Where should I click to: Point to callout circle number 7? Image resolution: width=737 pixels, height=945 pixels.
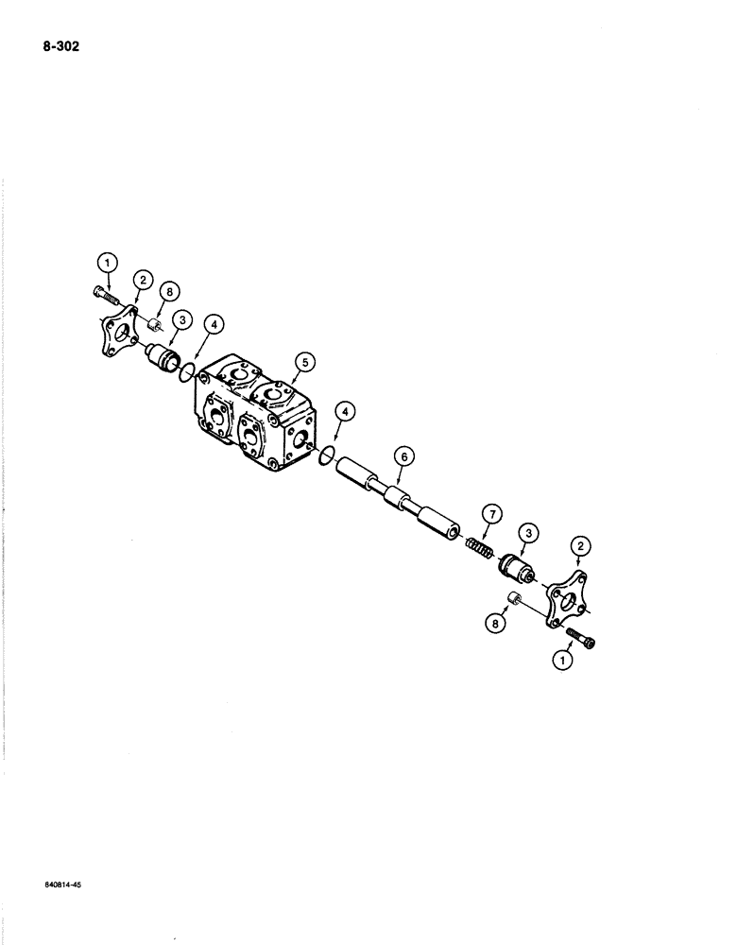[491, 514]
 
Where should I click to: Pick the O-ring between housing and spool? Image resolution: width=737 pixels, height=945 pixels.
[325, 456]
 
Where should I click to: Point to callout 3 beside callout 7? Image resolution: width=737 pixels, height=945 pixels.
[526, 534]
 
